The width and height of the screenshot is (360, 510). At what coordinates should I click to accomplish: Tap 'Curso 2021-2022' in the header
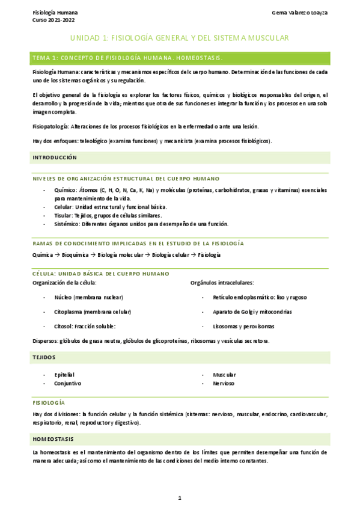point(50,19)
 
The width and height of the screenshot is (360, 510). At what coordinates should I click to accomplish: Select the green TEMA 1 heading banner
point(180,58)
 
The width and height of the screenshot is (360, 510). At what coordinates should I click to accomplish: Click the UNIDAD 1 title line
point(180,38)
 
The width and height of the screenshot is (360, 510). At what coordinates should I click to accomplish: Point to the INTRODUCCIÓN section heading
point(55,158)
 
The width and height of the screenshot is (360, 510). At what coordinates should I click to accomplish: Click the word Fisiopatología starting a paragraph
point(51,126)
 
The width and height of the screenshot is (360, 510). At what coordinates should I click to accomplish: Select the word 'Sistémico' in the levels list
point(67,224)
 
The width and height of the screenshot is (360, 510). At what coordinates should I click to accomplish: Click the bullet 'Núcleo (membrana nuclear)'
point(88,297)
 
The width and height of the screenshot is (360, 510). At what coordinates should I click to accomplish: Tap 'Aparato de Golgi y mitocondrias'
point(252,312)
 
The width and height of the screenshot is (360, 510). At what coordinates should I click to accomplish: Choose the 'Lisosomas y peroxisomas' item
point(243,326)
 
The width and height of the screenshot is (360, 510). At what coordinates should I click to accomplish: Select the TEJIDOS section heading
point(44,357)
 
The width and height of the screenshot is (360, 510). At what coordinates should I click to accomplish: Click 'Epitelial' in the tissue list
point(64,375)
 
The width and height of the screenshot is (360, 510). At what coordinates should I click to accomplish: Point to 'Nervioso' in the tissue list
point(224,383)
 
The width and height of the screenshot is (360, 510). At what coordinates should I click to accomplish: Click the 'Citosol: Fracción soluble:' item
point(85,326)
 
